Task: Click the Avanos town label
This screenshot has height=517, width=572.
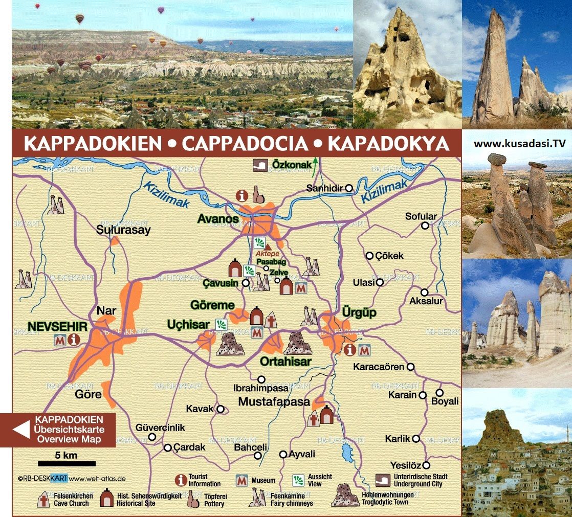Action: (x=218, y=219)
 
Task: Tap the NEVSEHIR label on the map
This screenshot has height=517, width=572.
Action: (x=58, y=326)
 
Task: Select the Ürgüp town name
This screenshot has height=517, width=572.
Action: (x=359, y=313)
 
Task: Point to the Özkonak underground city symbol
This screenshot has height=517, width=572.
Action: (x=259, y=165)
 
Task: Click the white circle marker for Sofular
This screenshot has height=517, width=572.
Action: (x=425, y=226)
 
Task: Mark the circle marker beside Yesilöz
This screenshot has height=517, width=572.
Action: (x=426, y=465)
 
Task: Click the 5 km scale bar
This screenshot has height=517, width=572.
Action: (x=67, y=464)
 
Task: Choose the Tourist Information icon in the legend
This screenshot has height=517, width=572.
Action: (x=180, y=480)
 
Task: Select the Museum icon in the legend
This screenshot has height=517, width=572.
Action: (x=241, y=480)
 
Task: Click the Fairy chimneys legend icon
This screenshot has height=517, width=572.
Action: (x=258, y=497)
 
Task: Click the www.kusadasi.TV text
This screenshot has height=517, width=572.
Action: (x=520, y=143)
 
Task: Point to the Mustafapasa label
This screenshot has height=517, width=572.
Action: (x=274, y=401)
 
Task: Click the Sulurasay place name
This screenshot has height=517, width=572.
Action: (x=123, y=230)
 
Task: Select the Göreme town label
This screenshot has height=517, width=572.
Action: (x=212, y=305)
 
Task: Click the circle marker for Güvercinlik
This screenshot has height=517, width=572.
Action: (x=152, y=437)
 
